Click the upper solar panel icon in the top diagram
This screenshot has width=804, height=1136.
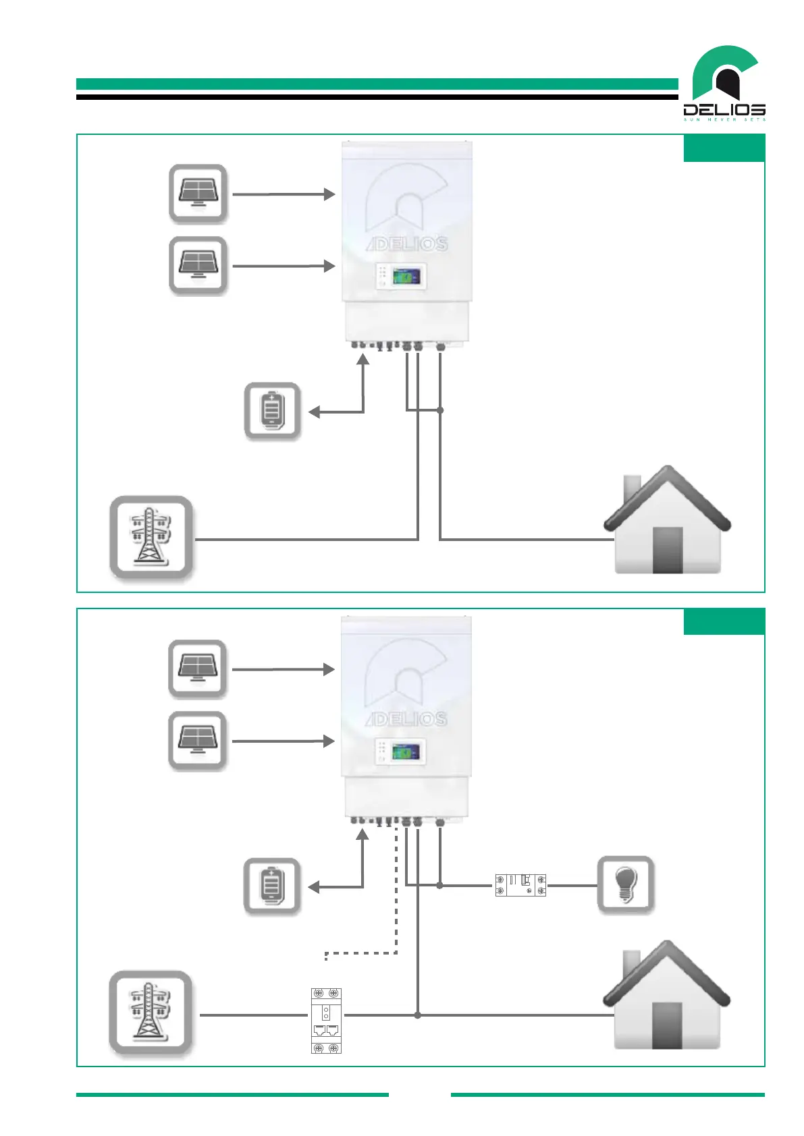click(198, 194)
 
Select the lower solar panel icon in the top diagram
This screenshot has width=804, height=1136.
click(198, 266)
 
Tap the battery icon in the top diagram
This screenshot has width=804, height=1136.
click(272, 411)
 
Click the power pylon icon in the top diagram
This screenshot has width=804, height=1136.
click(151, 538)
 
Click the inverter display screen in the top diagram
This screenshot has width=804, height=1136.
click(406, 277)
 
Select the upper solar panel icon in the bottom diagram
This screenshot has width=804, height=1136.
click(197, 669)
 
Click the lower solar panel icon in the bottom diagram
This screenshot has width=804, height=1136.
click(197, 741)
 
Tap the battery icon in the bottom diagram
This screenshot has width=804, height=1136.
click(271, 886)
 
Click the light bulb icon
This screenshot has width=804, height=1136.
click(626, 884)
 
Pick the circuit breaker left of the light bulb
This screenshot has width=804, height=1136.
click(520, 885)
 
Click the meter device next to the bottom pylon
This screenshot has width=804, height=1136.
click(326, 1021)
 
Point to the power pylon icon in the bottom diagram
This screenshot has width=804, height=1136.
click(151, 1013)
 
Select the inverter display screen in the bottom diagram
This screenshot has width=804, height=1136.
click(406, 751)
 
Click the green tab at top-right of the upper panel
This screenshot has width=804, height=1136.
click(724, 148)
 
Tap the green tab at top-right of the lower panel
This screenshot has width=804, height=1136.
click(724, 621)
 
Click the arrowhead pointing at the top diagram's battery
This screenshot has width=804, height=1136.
click(314, 411)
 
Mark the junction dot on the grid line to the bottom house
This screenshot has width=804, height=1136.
click(418, 1015)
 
